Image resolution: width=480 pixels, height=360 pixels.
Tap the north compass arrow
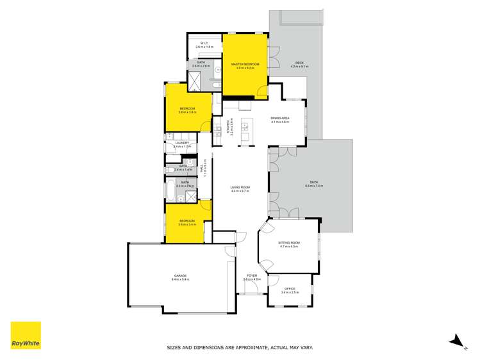tap(458, 341)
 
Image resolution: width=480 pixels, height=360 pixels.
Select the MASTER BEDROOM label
tap(245, 64)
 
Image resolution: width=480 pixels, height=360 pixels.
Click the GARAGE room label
tap(179, 276)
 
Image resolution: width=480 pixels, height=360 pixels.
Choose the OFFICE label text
tap(290, 289)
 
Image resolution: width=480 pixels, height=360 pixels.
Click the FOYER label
tap(252, 276)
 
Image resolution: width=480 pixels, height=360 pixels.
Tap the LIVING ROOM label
tap(240, 188)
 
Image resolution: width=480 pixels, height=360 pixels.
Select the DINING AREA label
tap(281, 118)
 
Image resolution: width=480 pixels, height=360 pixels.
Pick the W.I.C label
tap(204, 44)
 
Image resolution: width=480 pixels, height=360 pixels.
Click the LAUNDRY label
tap(183, 143)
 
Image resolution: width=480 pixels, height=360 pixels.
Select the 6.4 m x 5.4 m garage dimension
tap(179, 280)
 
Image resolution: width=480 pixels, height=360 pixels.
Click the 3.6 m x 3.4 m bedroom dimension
tap(186, 225)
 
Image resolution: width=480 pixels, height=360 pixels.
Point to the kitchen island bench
tap(245, 131)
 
